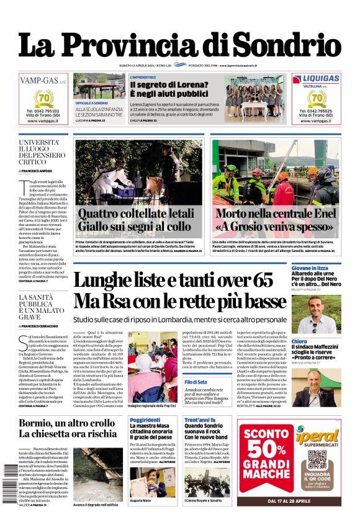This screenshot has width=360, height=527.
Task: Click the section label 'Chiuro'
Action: pyautogui.click(x=299, y=341)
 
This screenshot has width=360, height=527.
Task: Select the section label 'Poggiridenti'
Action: pyautogui.click(x=145, y=420)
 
